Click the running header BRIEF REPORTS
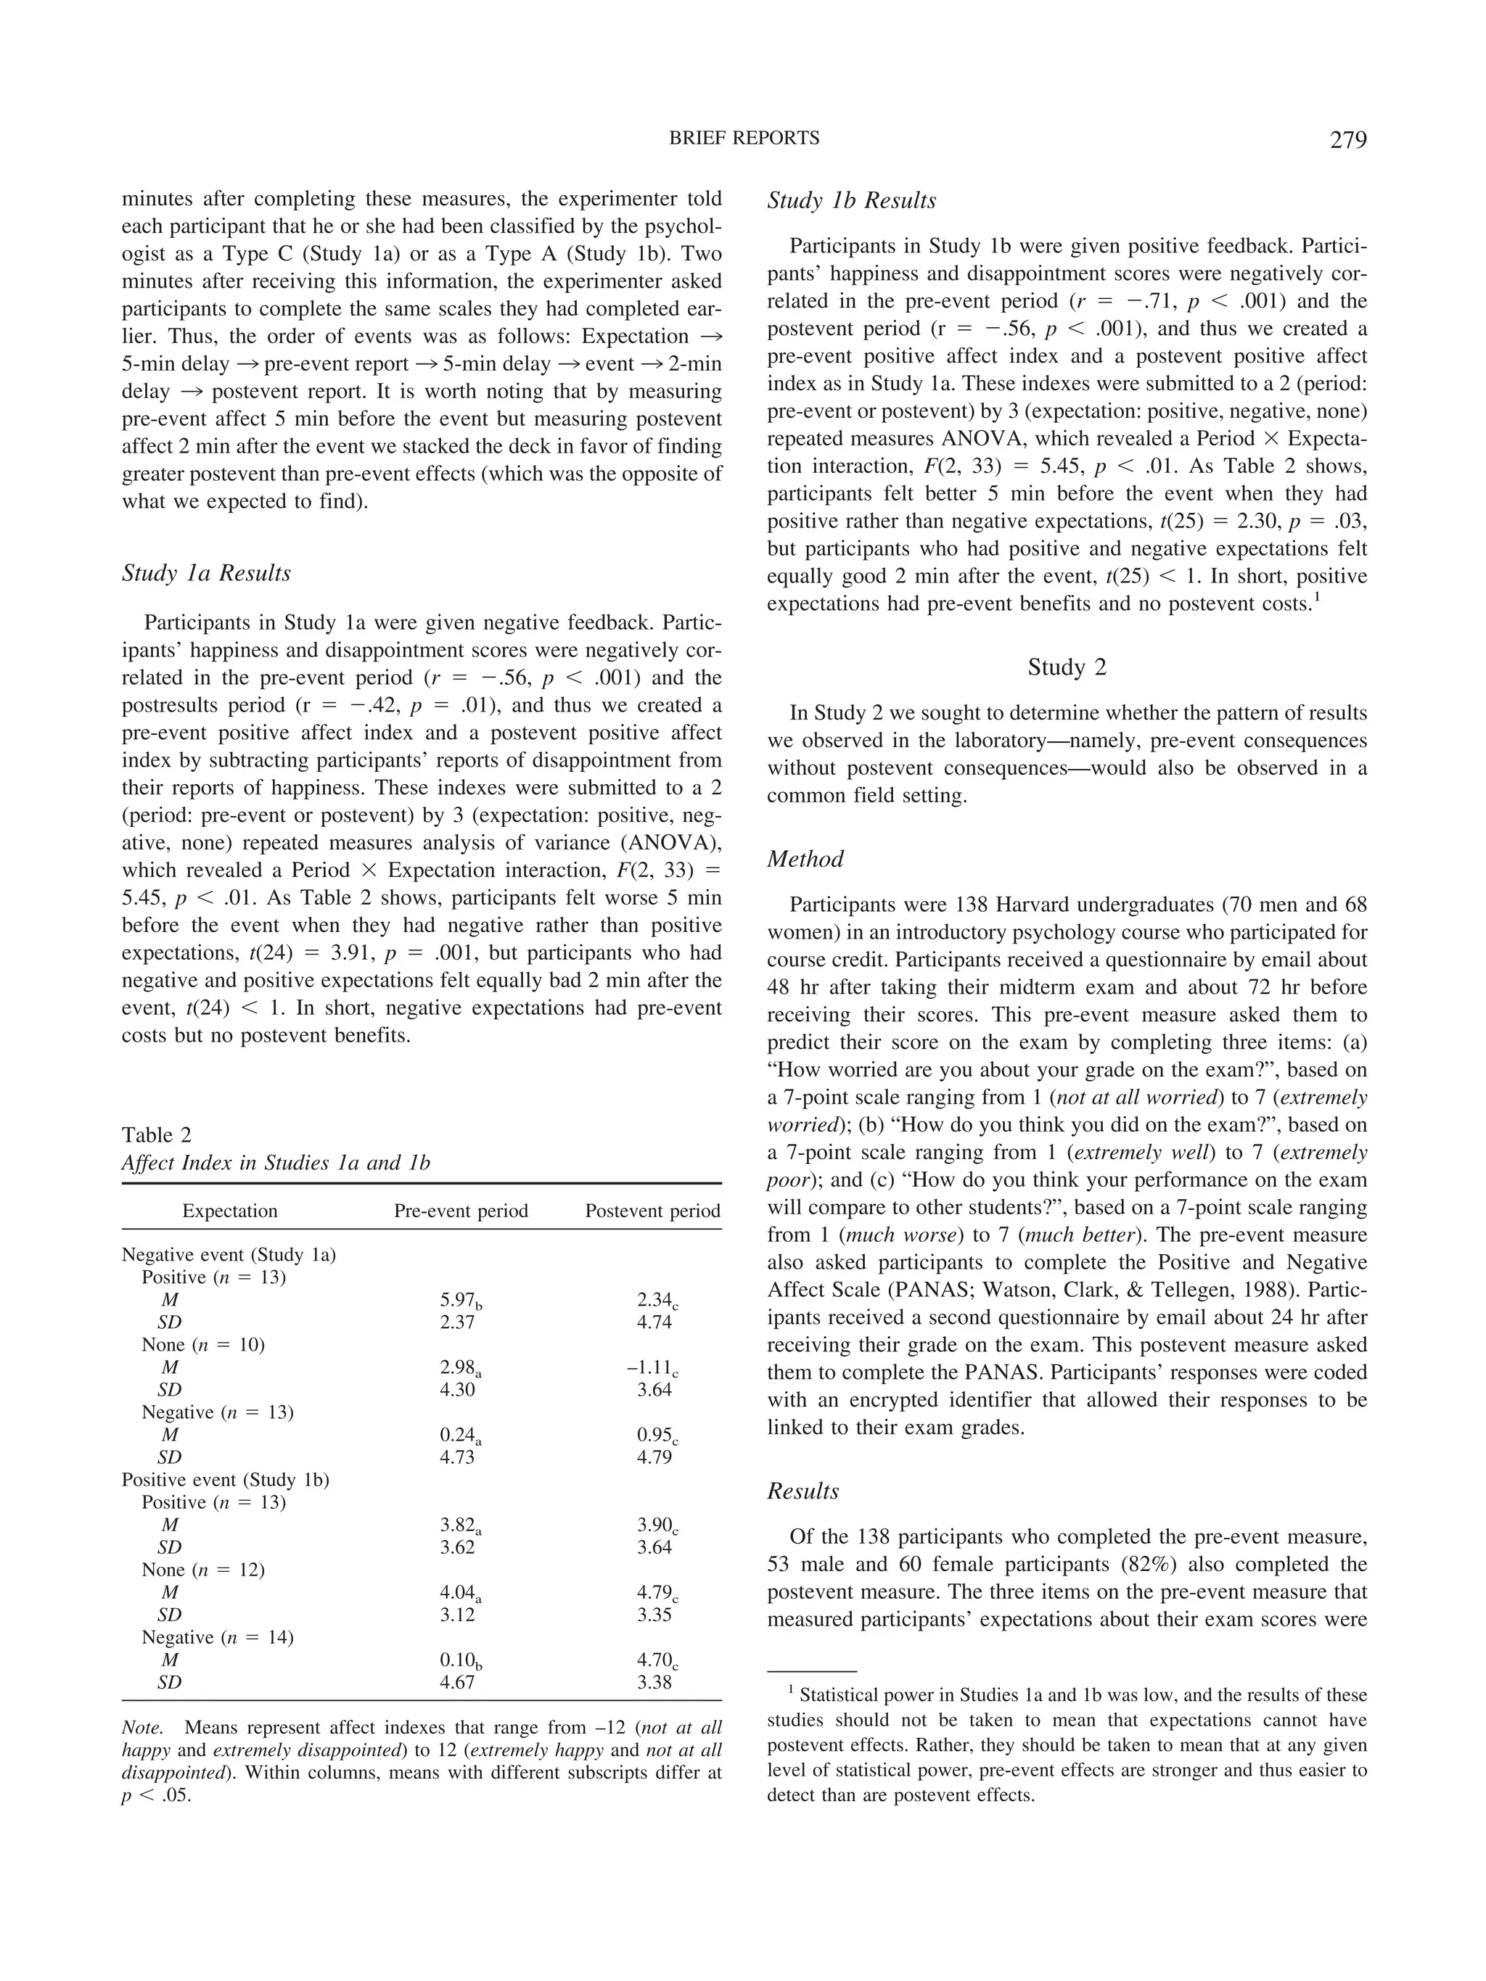point(744,138)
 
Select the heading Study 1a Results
point(206,573)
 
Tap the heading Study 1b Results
point(851,201)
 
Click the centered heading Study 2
point(1066,667)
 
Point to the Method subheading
point(805,859)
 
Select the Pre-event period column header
point(461,1211)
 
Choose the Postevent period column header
point(652,1211)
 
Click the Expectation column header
point(229,1211)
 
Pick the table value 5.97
point(458,1299)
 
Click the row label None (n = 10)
point(202,1344)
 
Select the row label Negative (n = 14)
point(217,1637)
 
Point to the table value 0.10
point(458,1660)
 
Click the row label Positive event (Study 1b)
point(225,1480)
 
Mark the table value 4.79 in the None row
point(654,1592)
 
